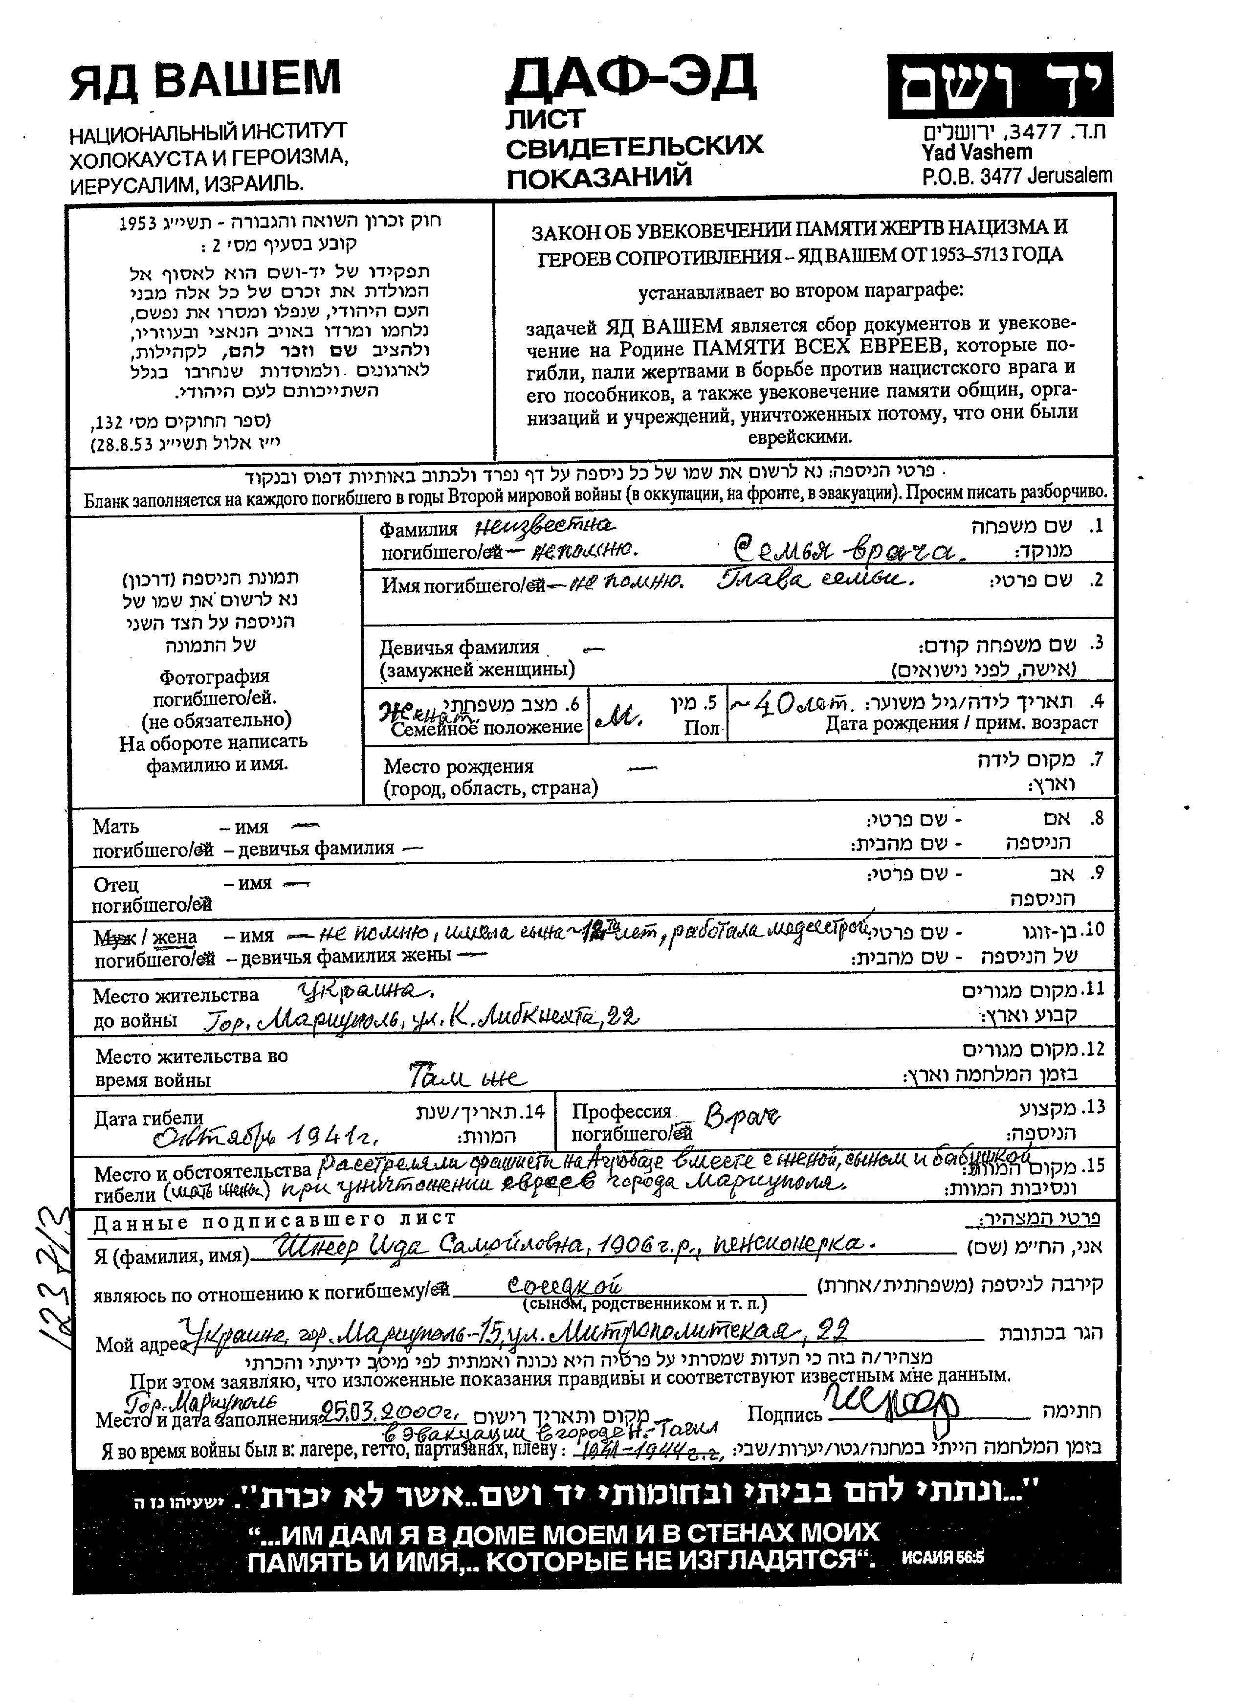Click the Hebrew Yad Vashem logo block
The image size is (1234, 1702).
pyautogui.click(x=999, y=86)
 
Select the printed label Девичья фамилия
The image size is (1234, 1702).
pyautogui.click(x=458, y=647)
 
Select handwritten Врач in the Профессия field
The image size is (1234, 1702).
pyautogui.click(x=739, y=1118)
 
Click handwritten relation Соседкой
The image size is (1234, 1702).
pyautogui.click(x=564, y=1285)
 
